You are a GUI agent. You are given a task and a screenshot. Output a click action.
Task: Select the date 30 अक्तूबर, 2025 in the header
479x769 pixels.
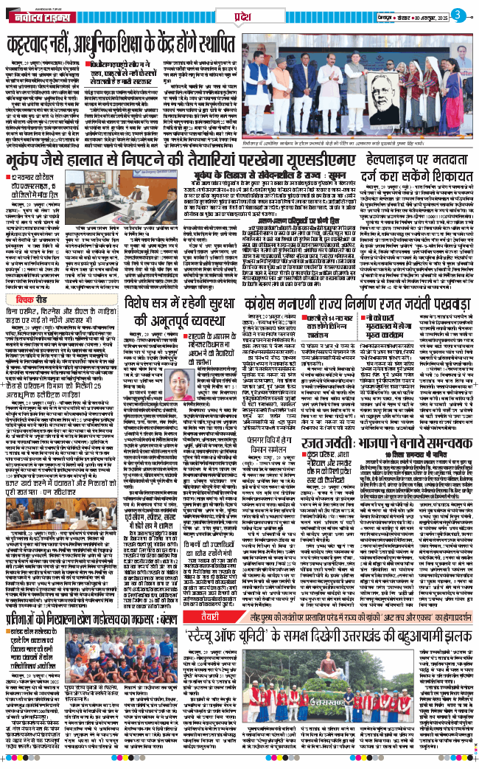click(x=427, y=13)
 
